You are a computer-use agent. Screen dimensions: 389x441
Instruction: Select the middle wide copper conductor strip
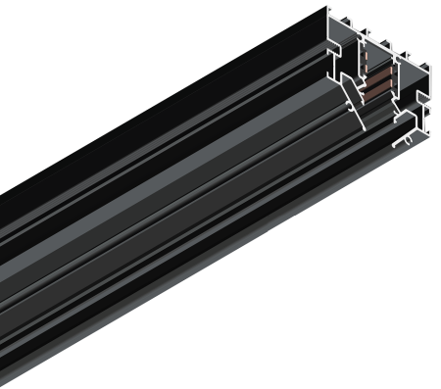[377, 82]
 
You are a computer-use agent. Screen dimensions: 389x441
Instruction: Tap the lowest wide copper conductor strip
[376, 92]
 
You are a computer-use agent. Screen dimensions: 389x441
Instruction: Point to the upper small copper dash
[364, 56]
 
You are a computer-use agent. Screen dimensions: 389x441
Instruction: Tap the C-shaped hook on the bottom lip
[408, 140]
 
